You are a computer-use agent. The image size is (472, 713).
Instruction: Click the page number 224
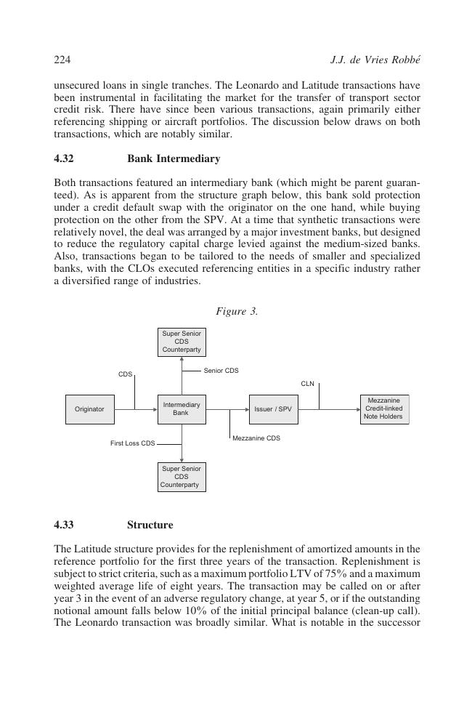coord(62,60)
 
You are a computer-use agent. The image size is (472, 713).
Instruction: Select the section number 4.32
coord(64,158)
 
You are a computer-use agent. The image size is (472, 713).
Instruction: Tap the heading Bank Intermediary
coord(174,158)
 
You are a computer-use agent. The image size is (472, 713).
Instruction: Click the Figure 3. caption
coord(237,312)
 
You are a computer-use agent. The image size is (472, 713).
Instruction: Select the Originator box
coord(89,409)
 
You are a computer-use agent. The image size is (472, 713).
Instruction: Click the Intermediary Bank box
coord(182,409)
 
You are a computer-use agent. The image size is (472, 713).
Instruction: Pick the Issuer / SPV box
coord(273,409)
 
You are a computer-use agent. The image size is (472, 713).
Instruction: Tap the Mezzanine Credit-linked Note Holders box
coord(384,408)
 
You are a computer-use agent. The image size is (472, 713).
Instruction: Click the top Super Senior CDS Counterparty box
coord(182,342)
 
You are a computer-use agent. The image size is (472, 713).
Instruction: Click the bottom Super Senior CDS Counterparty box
coord(182,477)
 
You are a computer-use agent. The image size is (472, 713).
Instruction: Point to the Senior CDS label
coord(221,371)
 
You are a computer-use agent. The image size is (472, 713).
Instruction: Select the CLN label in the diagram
coord(307,384)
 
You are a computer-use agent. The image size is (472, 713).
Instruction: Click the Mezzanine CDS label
coord(256,438)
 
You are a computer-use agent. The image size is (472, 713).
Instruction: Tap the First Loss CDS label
coord(132,443)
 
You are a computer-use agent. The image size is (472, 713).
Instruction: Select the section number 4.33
coord(64,525)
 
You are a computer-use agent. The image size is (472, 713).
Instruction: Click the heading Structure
coord(150,525)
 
